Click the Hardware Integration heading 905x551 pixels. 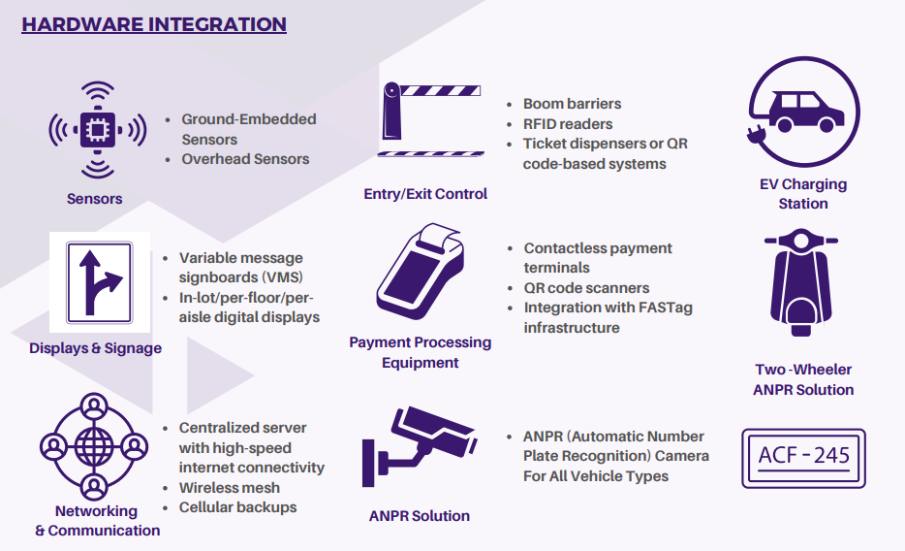pos(154,24)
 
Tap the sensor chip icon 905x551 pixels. pos(97,129)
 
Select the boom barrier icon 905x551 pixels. pos(430,121)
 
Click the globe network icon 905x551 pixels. pos(95,447)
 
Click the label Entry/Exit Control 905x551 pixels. pos(425,194)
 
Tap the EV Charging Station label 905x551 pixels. pos(803,194)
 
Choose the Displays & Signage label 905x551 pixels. pos(96,348)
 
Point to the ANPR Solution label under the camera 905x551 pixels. pos(420,516)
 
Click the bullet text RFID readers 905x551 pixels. pos(568,124)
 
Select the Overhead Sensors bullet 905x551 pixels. pos(245,159)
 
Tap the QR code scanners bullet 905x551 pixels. pos(586,288)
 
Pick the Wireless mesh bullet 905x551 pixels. pos(229,487)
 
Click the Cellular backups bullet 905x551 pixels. pos(237,507)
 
